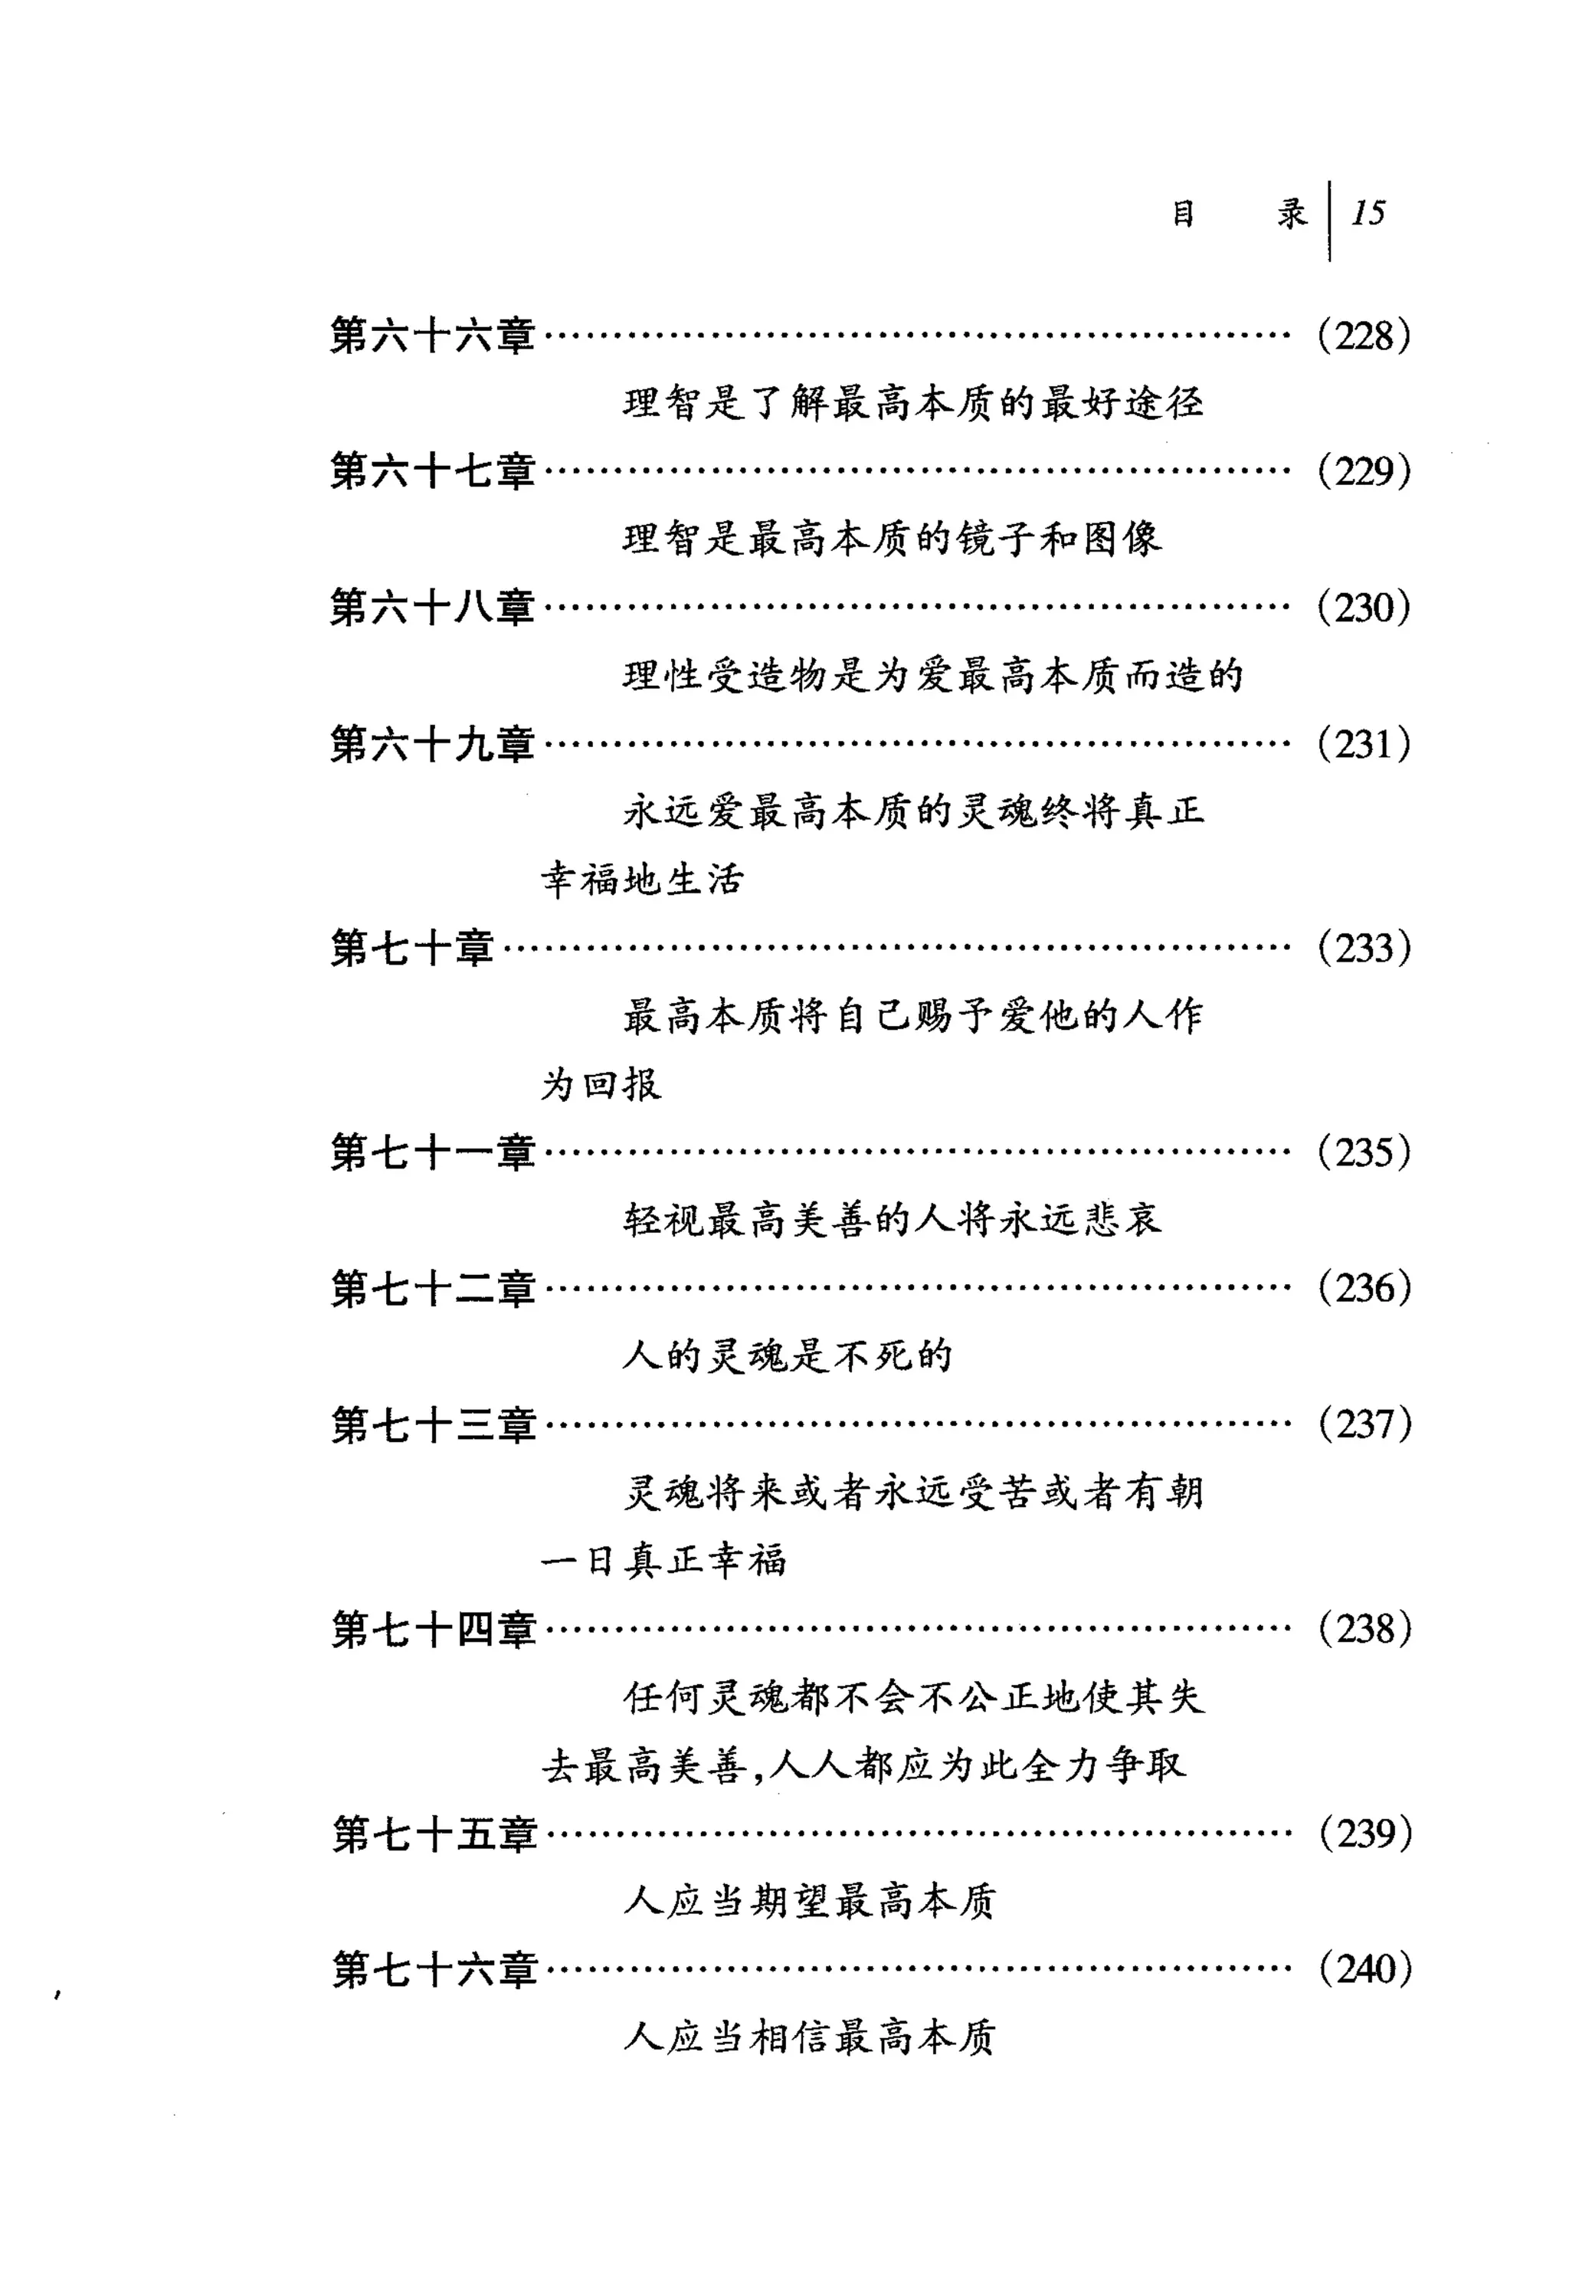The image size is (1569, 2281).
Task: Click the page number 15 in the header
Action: (x=1368, y=213)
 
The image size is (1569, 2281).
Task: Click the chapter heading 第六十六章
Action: (x=433, y=336)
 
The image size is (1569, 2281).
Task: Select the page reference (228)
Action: (x=1364, y=337)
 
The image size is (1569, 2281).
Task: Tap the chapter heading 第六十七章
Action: (x=433, y=472)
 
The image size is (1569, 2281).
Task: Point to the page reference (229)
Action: (x=1364, y=473)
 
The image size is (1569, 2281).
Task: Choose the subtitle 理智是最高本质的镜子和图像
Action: (x=892, y=539)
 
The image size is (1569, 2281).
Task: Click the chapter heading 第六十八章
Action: (x=433, y=608)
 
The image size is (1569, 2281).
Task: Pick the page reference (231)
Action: (x=1364, y=744)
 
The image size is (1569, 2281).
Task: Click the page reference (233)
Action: (x=1364, y=949)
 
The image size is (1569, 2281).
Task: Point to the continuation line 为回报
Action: (x=601, y=1084)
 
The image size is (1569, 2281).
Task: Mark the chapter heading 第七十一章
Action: (x=433, y=1152)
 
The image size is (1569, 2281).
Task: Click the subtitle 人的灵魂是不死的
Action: (x=788, y=1357)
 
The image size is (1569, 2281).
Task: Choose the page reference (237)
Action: (x=1364, y=1424)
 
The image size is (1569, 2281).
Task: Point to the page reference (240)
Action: (x=1364, y=1969)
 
